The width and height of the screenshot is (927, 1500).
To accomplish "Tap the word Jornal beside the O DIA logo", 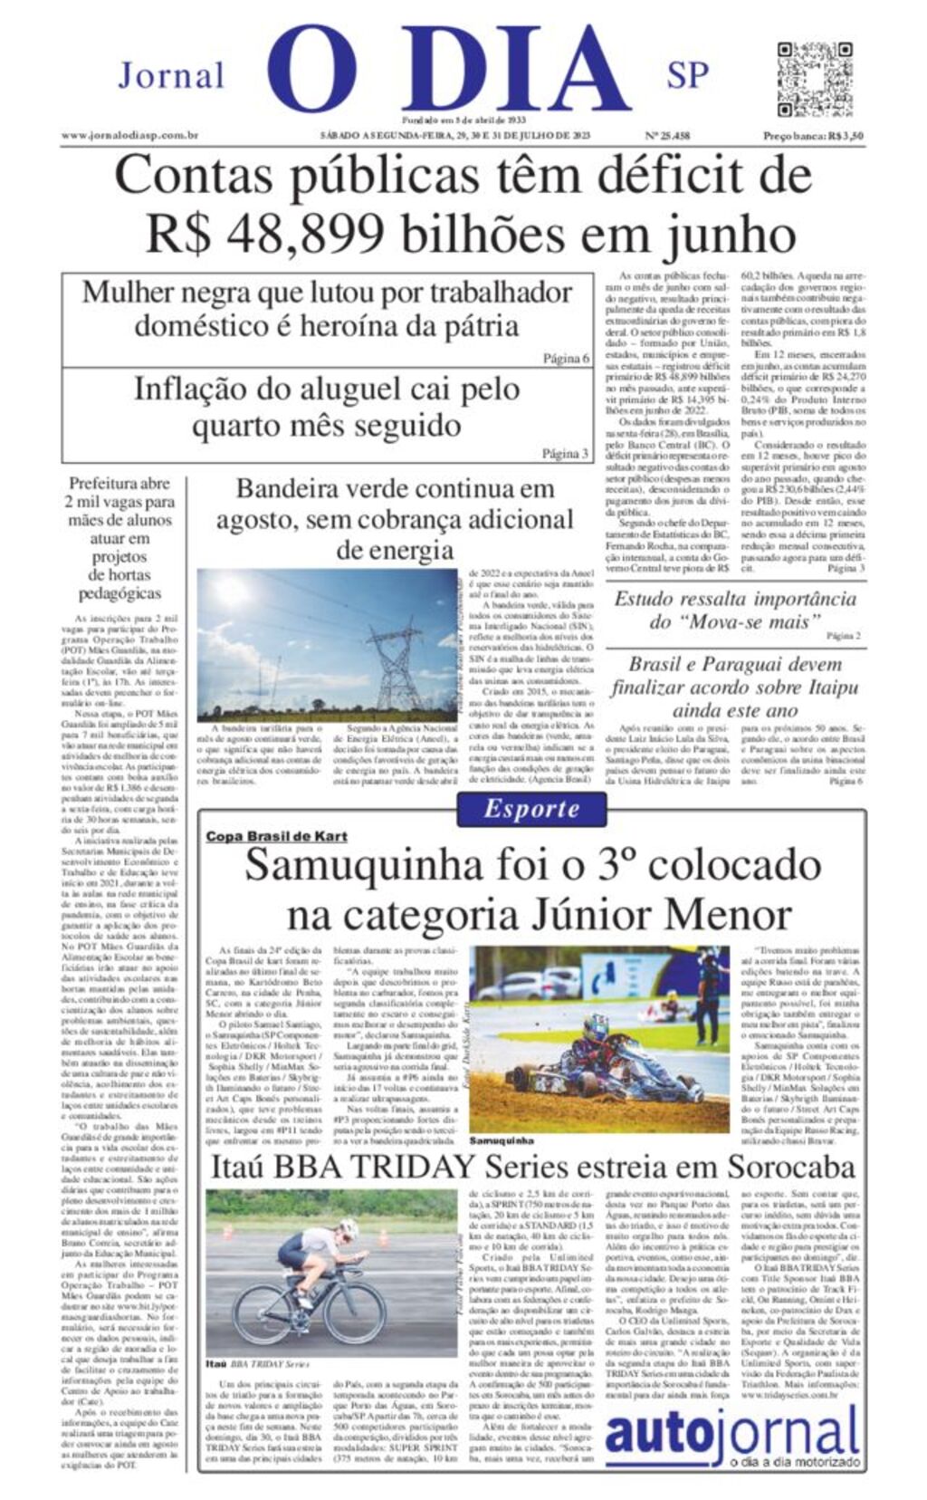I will [170, 76].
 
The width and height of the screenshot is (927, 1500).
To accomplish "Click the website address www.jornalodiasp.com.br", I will [129, 136].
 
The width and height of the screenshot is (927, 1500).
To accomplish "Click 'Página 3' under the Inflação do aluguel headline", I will [565, 454].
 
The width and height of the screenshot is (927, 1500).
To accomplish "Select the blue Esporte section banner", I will [530, 809].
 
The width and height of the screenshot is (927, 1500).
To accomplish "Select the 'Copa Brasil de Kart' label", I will [276, 836].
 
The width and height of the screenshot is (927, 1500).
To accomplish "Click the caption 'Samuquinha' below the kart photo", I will [501, 1140].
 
